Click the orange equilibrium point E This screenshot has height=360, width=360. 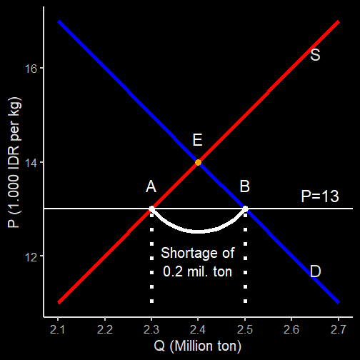(198, 162)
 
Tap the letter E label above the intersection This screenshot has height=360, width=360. (198, 140)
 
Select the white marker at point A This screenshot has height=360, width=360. (151, 209)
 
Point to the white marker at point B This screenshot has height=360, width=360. (245, 209)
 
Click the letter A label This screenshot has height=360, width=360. (151, 186)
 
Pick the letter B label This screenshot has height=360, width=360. (245, 186)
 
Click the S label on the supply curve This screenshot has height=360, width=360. (315, 55)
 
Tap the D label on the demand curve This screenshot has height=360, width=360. (316, 271)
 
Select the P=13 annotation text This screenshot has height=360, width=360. (320, 196)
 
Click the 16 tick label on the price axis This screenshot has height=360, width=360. (31, 69)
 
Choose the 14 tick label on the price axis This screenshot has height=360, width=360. (31, 163)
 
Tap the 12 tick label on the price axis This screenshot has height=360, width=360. (31, 257)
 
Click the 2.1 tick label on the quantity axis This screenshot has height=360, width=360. (57, 330)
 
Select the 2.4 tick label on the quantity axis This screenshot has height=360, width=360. (198, 330)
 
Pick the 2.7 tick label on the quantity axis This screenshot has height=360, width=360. (338, 330)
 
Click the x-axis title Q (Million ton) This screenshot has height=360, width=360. (198, 346)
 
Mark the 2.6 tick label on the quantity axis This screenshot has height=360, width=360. (291, 330)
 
